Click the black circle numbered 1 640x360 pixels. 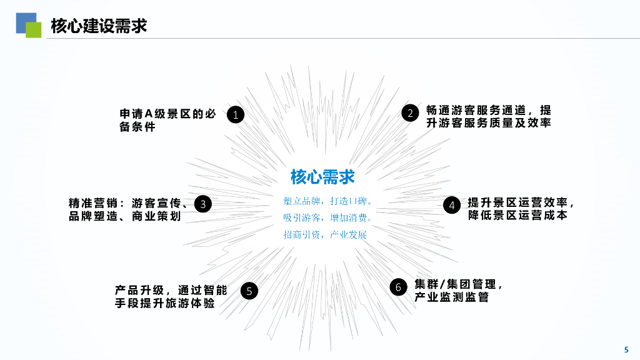[235, 114]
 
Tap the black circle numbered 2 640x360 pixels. [410, 112]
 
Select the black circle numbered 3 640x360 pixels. [203, 204]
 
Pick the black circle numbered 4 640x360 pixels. [452, 205]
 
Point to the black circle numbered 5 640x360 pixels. [249, 290]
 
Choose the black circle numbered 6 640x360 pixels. [398, 287]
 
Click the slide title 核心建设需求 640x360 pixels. [99, 26]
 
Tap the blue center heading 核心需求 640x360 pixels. [322, 177]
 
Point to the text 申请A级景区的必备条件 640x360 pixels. [167, 120]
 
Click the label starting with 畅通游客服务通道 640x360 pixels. [488, 116]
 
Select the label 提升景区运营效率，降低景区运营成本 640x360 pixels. [520, 209]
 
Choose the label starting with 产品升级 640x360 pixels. [171, 296]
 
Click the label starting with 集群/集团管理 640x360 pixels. [458, 291]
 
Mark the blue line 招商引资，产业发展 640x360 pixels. [324, 235]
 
